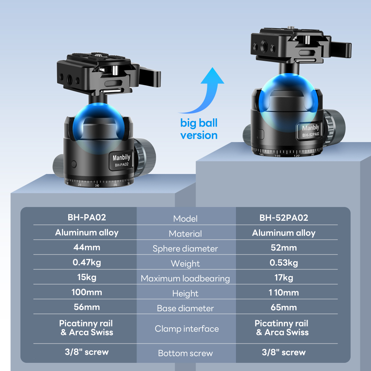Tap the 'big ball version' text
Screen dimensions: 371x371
(199, 129)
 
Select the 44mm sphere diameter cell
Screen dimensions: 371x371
(86, 247)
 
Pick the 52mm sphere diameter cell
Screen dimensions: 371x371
(284, 247)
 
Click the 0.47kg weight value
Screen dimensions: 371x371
(86, 263)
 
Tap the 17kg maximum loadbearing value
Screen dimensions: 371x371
(284, 278)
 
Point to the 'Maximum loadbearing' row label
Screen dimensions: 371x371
(185, 279)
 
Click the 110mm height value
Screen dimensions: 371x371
(284, 293)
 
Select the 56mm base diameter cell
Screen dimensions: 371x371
(86, 308)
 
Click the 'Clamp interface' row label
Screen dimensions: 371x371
(187, 329)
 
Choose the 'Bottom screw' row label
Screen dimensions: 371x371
(185, 353)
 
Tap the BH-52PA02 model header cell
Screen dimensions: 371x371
(284, 217)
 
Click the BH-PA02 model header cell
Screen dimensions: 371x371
(86, 217)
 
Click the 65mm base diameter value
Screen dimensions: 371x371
(284, 308)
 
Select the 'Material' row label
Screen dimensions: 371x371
(185, 234)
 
